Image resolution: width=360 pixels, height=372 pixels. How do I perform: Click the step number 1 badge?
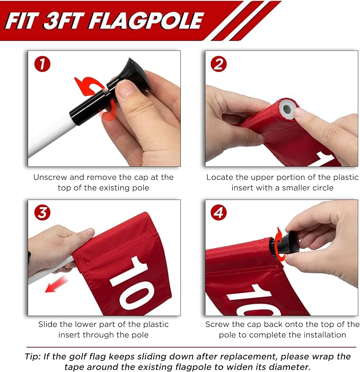[42, 64]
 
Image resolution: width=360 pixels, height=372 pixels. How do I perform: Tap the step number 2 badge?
[218, 64]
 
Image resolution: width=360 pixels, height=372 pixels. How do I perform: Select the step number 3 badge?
[42, 212]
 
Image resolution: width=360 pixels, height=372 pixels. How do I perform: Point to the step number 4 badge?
[218, 212]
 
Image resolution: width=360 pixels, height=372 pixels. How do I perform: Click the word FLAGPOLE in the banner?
[146, 21]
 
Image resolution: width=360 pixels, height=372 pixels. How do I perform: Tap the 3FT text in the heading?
[64, 21]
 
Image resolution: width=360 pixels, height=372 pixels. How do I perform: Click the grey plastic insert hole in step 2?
[287, 109]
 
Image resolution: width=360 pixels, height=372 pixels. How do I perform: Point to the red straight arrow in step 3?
[56, 284]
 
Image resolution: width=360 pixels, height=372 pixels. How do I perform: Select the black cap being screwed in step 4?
[287, 246]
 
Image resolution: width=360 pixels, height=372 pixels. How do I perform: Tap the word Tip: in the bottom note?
[33, 356]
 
